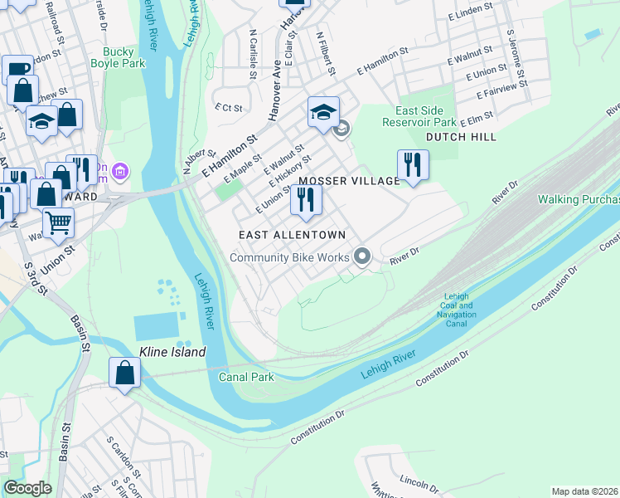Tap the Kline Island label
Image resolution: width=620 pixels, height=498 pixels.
tap(172, 352)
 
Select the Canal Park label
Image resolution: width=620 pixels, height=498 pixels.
tap(246, 377)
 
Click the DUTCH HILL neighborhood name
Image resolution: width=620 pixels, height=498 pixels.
tap(462, 137)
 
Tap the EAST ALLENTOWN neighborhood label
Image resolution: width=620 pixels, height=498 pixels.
tap(292, 236)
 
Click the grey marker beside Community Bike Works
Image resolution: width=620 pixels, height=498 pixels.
tap(361, 256)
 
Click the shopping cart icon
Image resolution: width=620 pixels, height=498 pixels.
tap(58, 221)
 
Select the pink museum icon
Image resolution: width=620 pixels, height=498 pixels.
tap(121, 172)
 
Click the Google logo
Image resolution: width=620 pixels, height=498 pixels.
tap(27, 488)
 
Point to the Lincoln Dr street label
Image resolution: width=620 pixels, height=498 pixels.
tap(419, 484)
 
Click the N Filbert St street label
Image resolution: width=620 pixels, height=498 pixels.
tap(326, 55)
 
